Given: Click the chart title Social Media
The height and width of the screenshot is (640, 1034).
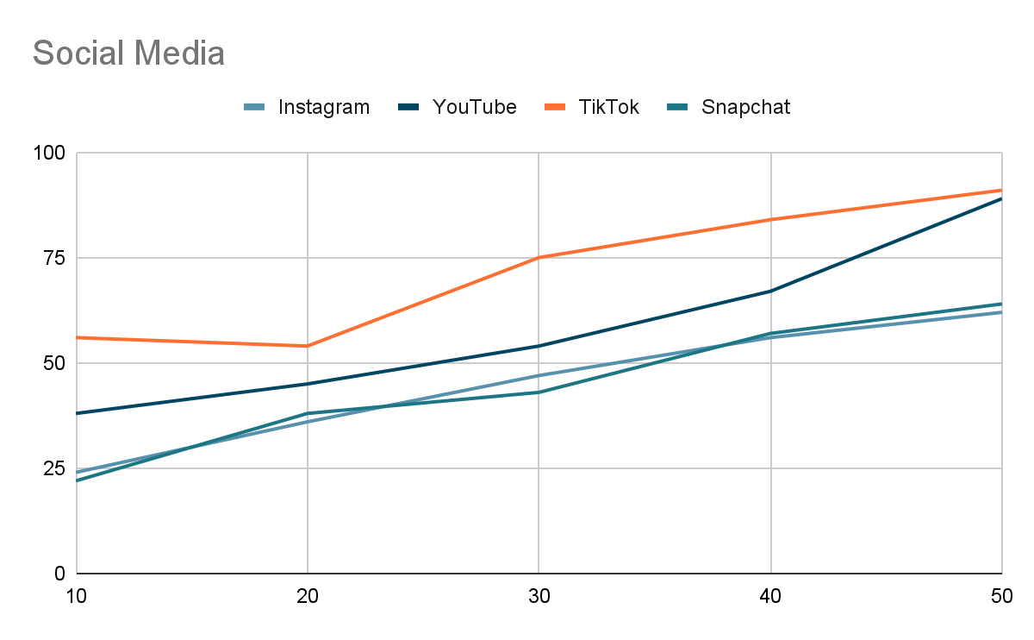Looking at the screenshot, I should [x=128, y=53].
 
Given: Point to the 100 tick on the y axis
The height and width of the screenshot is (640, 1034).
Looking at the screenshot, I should [x=49, y=153].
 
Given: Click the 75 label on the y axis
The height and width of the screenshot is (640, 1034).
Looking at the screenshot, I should [x=54, y=258].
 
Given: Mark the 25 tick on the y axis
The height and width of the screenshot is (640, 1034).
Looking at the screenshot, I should [x=54, y=468].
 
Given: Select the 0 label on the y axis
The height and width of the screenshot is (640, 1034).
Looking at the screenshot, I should [x=60, y=574].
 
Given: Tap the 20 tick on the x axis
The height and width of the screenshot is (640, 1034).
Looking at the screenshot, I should [x=308, y=596].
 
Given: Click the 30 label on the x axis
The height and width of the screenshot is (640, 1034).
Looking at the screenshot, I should [x=539, y=596].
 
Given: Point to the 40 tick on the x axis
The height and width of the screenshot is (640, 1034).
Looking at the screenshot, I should [x=770, y=596].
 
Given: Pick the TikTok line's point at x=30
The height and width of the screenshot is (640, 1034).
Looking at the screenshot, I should [x=539, y=257].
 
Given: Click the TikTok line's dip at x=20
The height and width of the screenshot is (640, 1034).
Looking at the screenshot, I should [x=308, y=346].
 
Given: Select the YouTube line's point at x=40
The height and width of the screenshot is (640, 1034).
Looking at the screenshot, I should [x=770, y=292].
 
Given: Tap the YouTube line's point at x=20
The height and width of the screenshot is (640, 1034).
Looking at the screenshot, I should [x=308, y=384].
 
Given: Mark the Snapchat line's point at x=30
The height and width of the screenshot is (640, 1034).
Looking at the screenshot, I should [x=539, y=392].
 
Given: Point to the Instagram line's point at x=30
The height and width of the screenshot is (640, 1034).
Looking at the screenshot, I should [x=539, y=375].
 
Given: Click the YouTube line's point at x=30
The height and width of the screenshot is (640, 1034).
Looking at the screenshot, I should [x=539, y=346].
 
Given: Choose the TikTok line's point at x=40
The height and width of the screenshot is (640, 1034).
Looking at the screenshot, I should [x=770, y=220].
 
